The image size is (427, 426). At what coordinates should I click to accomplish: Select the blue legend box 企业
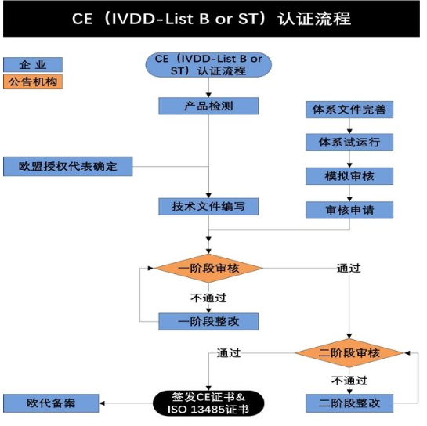(32, 64)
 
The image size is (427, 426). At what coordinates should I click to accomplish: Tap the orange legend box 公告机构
(32, 81)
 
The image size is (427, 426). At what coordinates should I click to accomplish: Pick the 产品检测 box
(208, 106)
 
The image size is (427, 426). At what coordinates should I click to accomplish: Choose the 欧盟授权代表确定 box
(67, 167)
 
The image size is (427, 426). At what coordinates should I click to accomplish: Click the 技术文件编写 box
(208, 207)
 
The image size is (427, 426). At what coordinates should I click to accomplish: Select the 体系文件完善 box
(349, 109)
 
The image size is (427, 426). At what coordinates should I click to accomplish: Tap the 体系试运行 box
(349, 143)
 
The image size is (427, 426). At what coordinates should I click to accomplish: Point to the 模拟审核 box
(349, 176)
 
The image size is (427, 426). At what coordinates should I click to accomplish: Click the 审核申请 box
(349, 210)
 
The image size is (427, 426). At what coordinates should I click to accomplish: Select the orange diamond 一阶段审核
(208, 269)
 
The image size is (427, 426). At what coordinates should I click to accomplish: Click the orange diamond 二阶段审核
(349, 353)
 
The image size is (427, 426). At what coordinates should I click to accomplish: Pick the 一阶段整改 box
(208, 321)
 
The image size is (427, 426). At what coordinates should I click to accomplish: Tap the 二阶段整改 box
(349, 403)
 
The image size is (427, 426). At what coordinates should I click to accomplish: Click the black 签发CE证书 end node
(208, 403)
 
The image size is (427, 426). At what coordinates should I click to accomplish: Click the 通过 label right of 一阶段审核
(349, 269)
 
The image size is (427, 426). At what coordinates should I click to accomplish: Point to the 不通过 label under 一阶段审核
(208, 298)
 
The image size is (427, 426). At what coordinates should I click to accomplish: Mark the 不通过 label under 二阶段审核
(349, 381)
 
